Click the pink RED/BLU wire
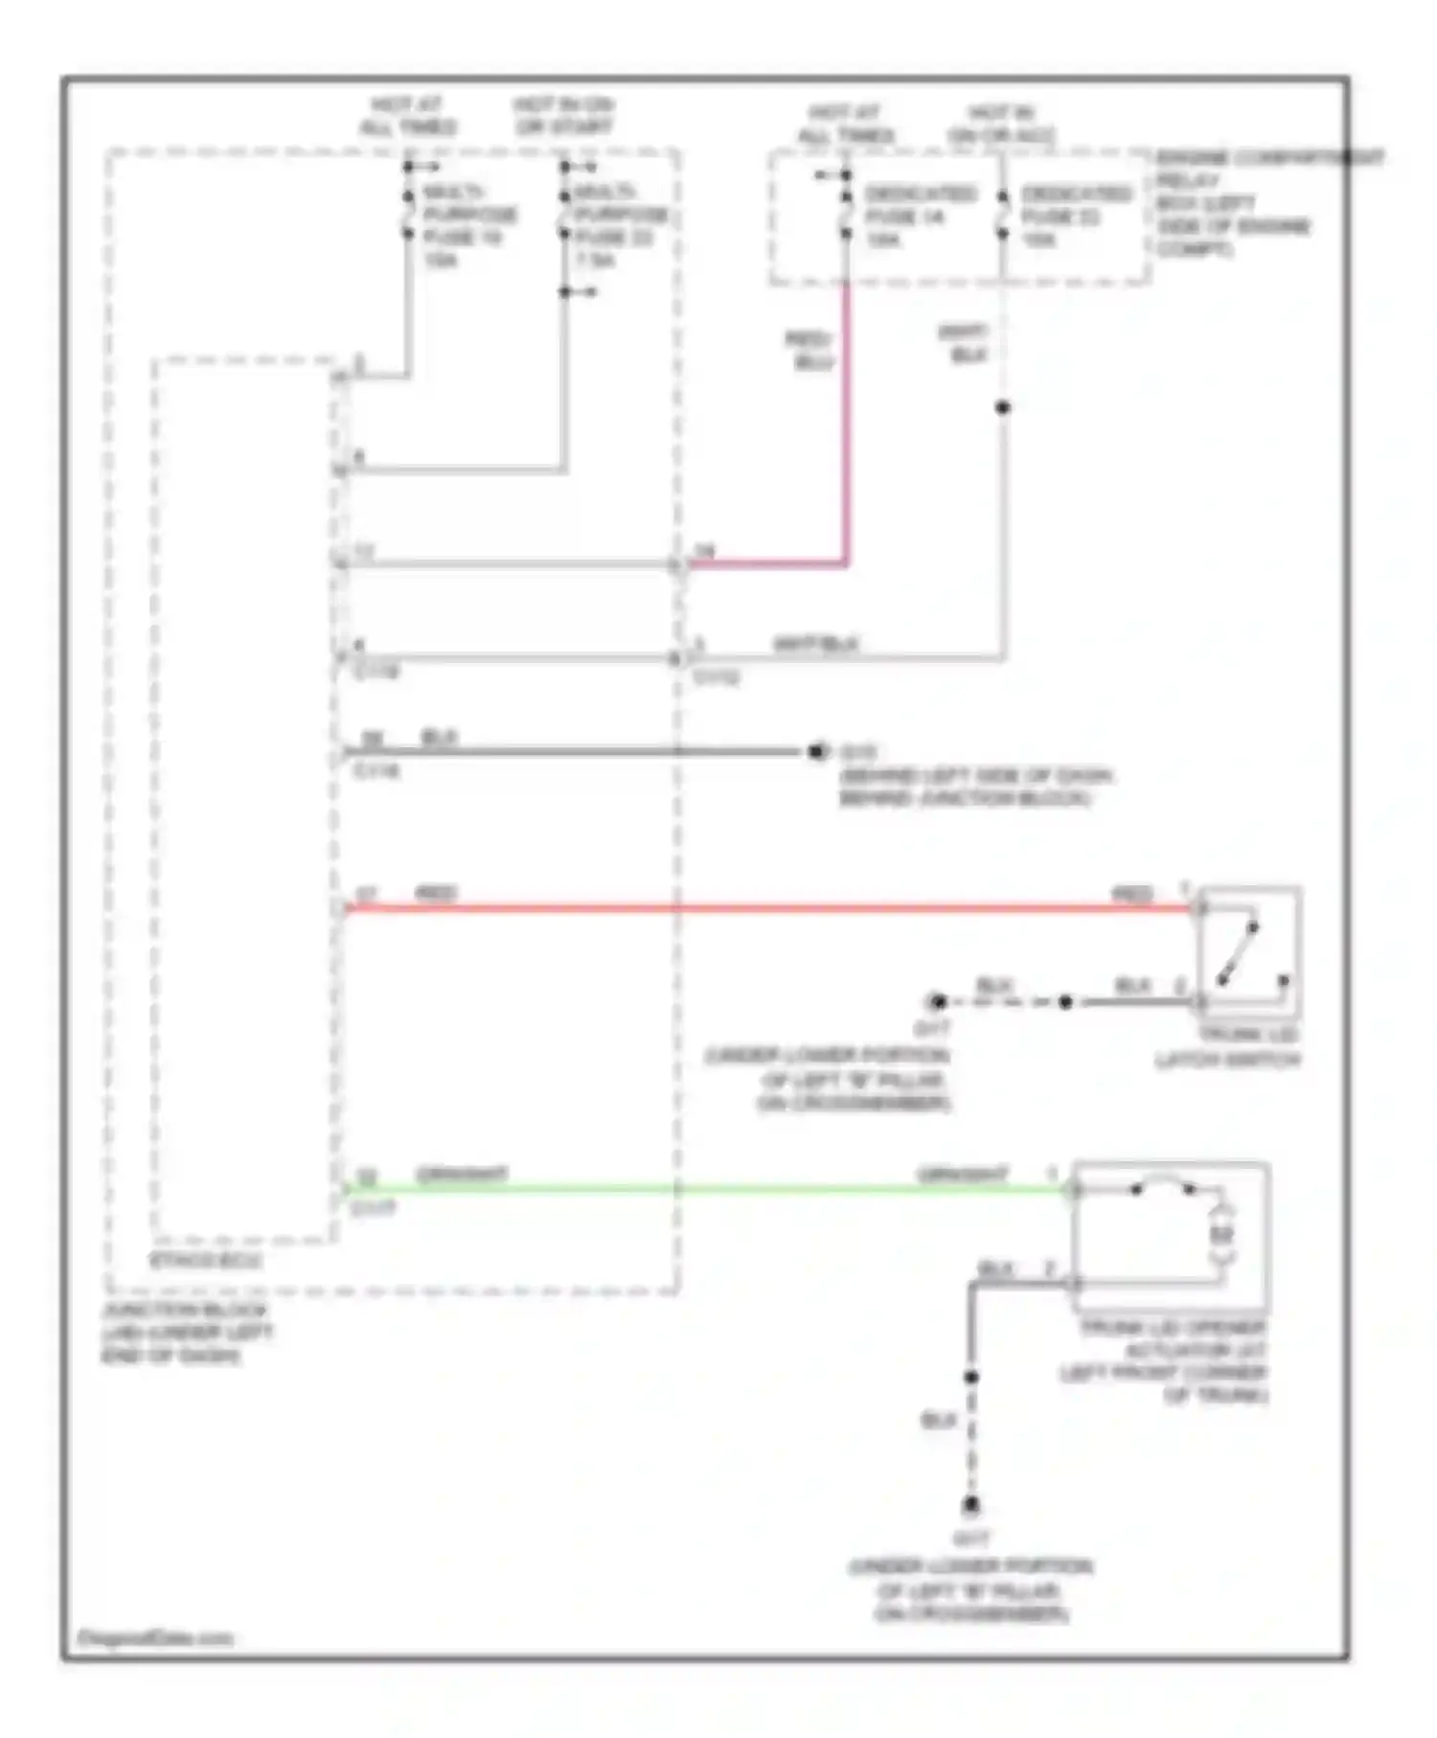pyautogui.click(x=846, y=431)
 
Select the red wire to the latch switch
pyautogui.click(x=766, y=908)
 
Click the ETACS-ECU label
pyautogui.click(x=206, y=1260)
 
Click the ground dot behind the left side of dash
pyautogui.click(x=816, y=752)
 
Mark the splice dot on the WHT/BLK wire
pyautogui.click(x=1003, y=408)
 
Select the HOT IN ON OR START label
pyautogui.click(x=563, y=116)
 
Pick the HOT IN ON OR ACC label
pyautogui.click(x=1001, y=125)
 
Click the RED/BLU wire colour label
pyautogui.click(x=810, y=351)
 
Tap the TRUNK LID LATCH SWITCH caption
pyautogui.click(x=1228, y=1047)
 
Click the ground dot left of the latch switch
pyautogui.click(x=937, y=1002)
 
